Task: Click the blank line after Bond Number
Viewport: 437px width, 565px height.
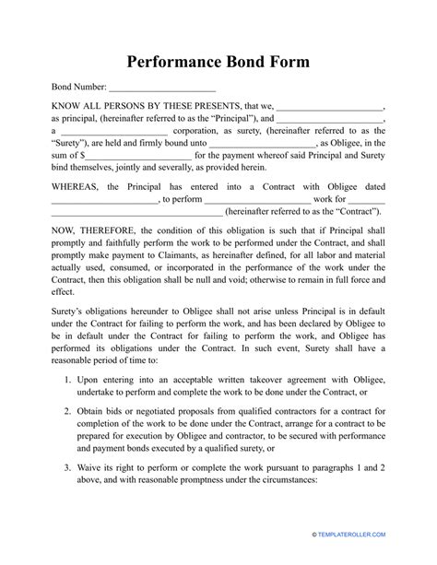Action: (x=162, y=89)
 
